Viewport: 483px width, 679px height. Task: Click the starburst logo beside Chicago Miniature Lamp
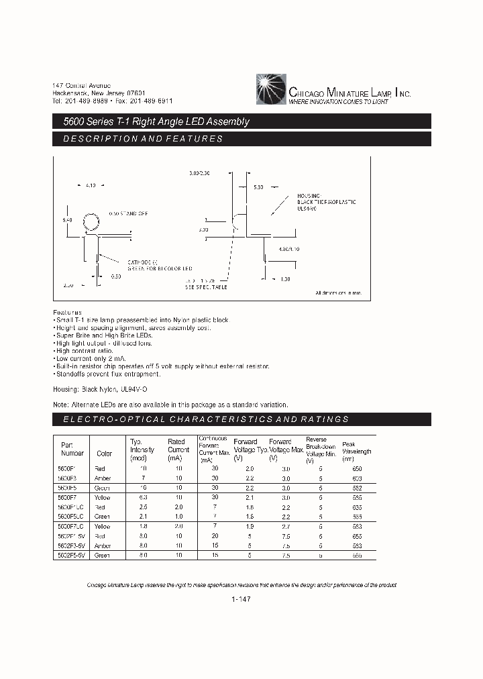[x=271, y=90]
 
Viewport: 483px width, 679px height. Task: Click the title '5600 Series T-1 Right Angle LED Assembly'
[x=152, y=121]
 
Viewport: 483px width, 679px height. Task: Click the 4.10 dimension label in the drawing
[x=92, y=185]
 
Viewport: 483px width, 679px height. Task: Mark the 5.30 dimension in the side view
[x=260, y=187]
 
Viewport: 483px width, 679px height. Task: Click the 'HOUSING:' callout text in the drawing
[x=311, y=195]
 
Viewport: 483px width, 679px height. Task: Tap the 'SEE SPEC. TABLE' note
[x=206, y=286]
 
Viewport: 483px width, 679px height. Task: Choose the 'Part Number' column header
[x=67, y=449]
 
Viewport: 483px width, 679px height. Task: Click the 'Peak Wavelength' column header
[x=356, y=451]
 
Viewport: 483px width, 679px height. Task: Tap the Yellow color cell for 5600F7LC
[x=103, y=527]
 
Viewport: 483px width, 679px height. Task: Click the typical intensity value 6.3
[x=142, y=498]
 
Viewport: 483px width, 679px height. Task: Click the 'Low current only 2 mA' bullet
[x=97, y=359]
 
